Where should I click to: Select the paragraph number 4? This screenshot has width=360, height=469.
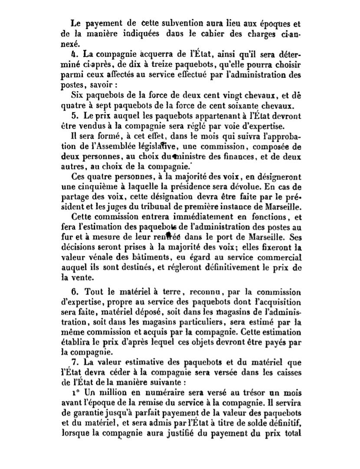74,55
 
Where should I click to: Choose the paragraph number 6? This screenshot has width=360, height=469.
75,292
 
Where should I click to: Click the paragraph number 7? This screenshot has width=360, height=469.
74,362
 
